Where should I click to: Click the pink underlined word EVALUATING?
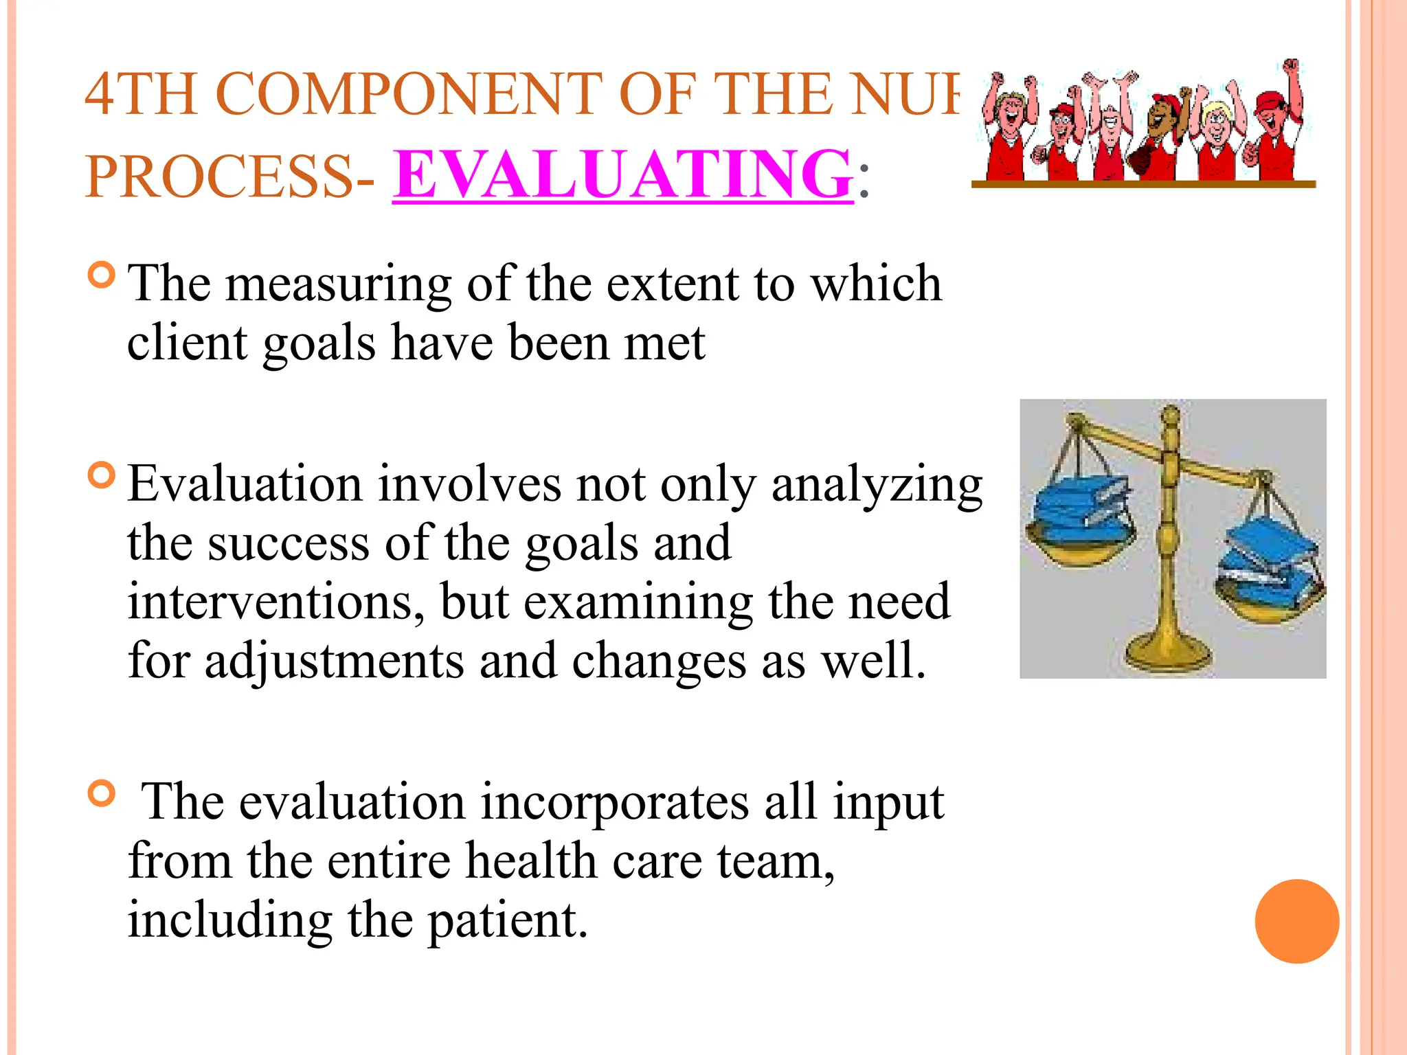[622, 175]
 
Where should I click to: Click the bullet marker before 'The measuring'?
[102, 275]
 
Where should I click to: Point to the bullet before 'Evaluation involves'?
[102, 475]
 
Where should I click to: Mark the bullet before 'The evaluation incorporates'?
[102, 793]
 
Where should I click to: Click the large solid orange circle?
[1296, 921]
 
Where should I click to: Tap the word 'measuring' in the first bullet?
[339, 284]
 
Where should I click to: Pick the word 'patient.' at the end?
[508, 921]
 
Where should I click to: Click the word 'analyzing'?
[877, 485]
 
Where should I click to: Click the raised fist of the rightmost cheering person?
[1292, 66]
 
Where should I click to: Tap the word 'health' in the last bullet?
[530, 861]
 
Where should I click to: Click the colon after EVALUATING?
[864, 187]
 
